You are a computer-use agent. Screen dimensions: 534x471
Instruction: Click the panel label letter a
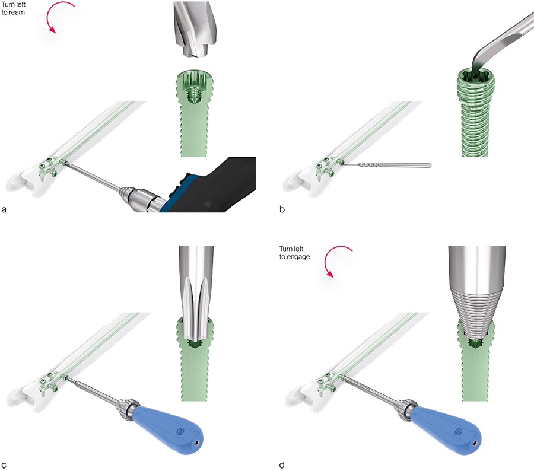click(x=4, y=209)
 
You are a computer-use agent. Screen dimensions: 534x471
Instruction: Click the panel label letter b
click(x=282, y=209)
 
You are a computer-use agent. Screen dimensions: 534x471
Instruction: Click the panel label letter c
click(x=4, y=465)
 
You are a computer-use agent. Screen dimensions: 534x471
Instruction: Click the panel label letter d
click(x=282, y=464)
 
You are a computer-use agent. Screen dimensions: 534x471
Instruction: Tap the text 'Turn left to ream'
click(x=13, y=8)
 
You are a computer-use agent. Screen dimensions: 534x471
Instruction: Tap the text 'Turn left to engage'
click(x=294, y=253)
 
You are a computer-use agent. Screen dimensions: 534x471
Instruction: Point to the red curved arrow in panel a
click(x=59, y=15)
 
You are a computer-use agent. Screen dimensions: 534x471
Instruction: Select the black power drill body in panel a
click(x=211, y=186)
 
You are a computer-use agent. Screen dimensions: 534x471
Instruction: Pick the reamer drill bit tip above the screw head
click(x=195, y=29)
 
